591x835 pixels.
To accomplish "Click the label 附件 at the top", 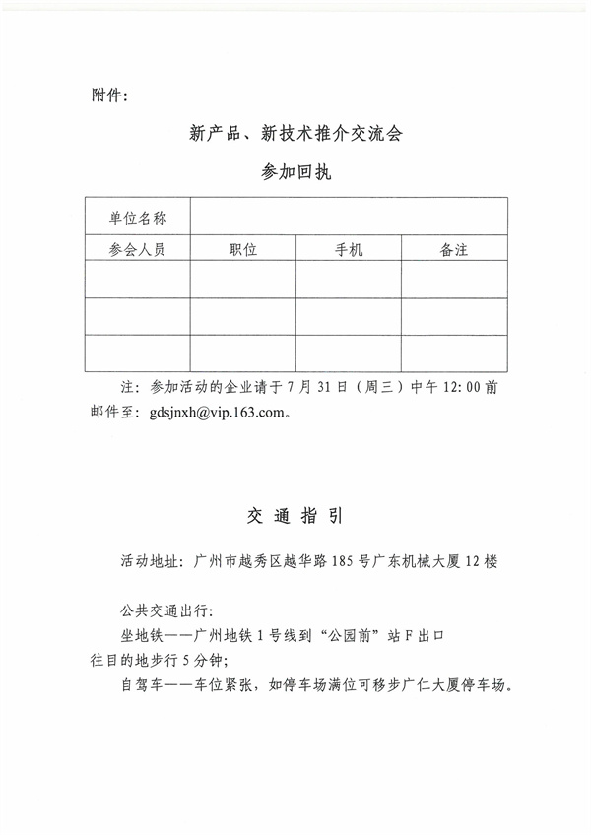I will coord(107,96).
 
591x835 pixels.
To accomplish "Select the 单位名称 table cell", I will coord(137,217).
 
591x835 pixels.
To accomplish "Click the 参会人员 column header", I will coord(137,249).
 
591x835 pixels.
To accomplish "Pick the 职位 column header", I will coord(242,249).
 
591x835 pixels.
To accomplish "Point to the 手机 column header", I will coord(349,249).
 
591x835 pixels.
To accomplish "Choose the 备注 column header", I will coord(454,249).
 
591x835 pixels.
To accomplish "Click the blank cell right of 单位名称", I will coord(349,217).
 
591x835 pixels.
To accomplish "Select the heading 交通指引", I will coord(295,516).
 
